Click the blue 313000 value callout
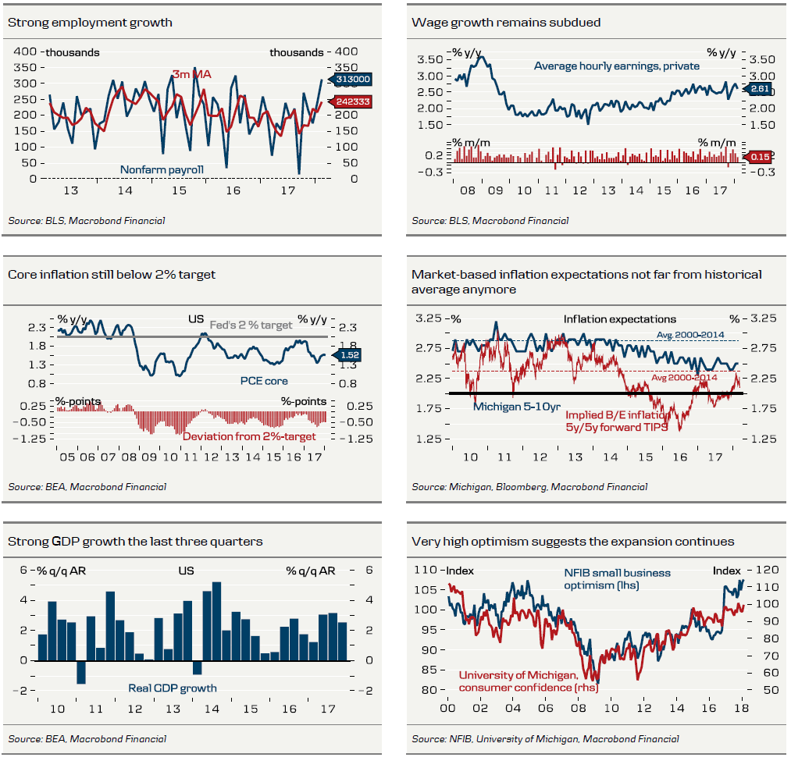pos(353,79)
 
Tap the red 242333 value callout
pos(353,101)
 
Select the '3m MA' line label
pos(191,75)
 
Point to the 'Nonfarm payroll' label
pos(162,169)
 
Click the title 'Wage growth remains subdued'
pos(506,23)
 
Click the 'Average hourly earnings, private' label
pos(616,66)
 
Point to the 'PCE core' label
pos(264,381)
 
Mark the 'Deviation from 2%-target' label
pos(249,436)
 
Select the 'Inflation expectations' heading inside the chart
pos(620,318)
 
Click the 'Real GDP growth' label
pos(173,688)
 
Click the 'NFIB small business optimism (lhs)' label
pos(617,578)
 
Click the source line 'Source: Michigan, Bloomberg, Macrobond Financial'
pos(529,487)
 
